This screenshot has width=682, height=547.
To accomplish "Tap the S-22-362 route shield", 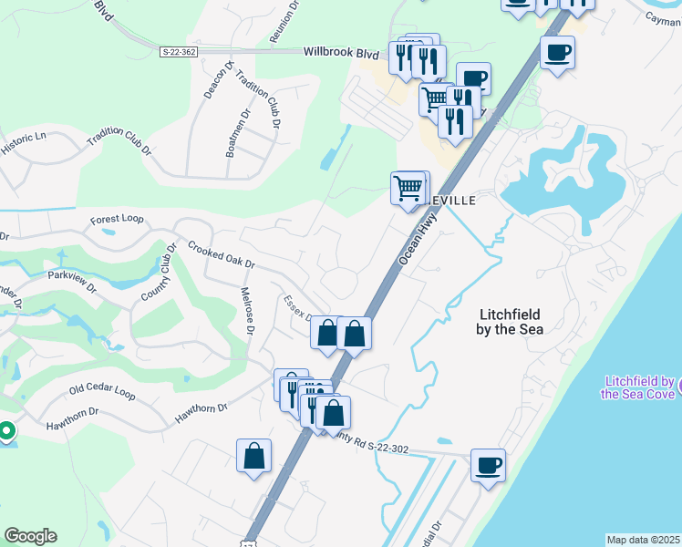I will pyautogui.click(x=178, y=52).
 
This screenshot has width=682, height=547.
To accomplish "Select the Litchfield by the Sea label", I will pyautogui.click(x=510, y=321).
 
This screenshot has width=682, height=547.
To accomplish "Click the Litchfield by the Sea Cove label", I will pyautogui.click(x=637, y=387).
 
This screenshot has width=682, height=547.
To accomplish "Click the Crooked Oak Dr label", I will pyautogui.click(x=221, y=254).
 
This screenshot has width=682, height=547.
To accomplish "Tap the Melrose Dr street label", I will pyautogui.click(x=246, y=310).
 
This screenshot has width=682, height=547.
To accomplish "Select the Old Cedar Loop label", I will pyautogui.click(x=102, y=393).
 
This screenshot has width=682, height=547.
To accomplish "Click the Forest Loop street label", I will pyautogui.click(x=117, y=220).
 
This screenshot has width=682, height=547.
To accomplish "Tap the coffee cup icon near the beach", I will pyautogui.click(x=488, y=465).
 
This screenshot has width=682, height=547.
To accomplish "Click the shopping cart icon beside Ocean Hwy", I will pyautogui.click(x=408, y=188).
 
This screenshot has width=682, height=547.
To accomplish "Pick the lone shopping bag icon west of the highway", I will pyautogui.click(x=253, y=456).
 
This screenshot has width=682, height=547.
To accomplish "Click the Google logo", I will pyautogui.click(x=30, y=536).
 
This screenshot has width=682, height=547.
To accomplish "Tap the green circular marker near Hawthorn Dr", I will pyautogui.click(x=5, y=430).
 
